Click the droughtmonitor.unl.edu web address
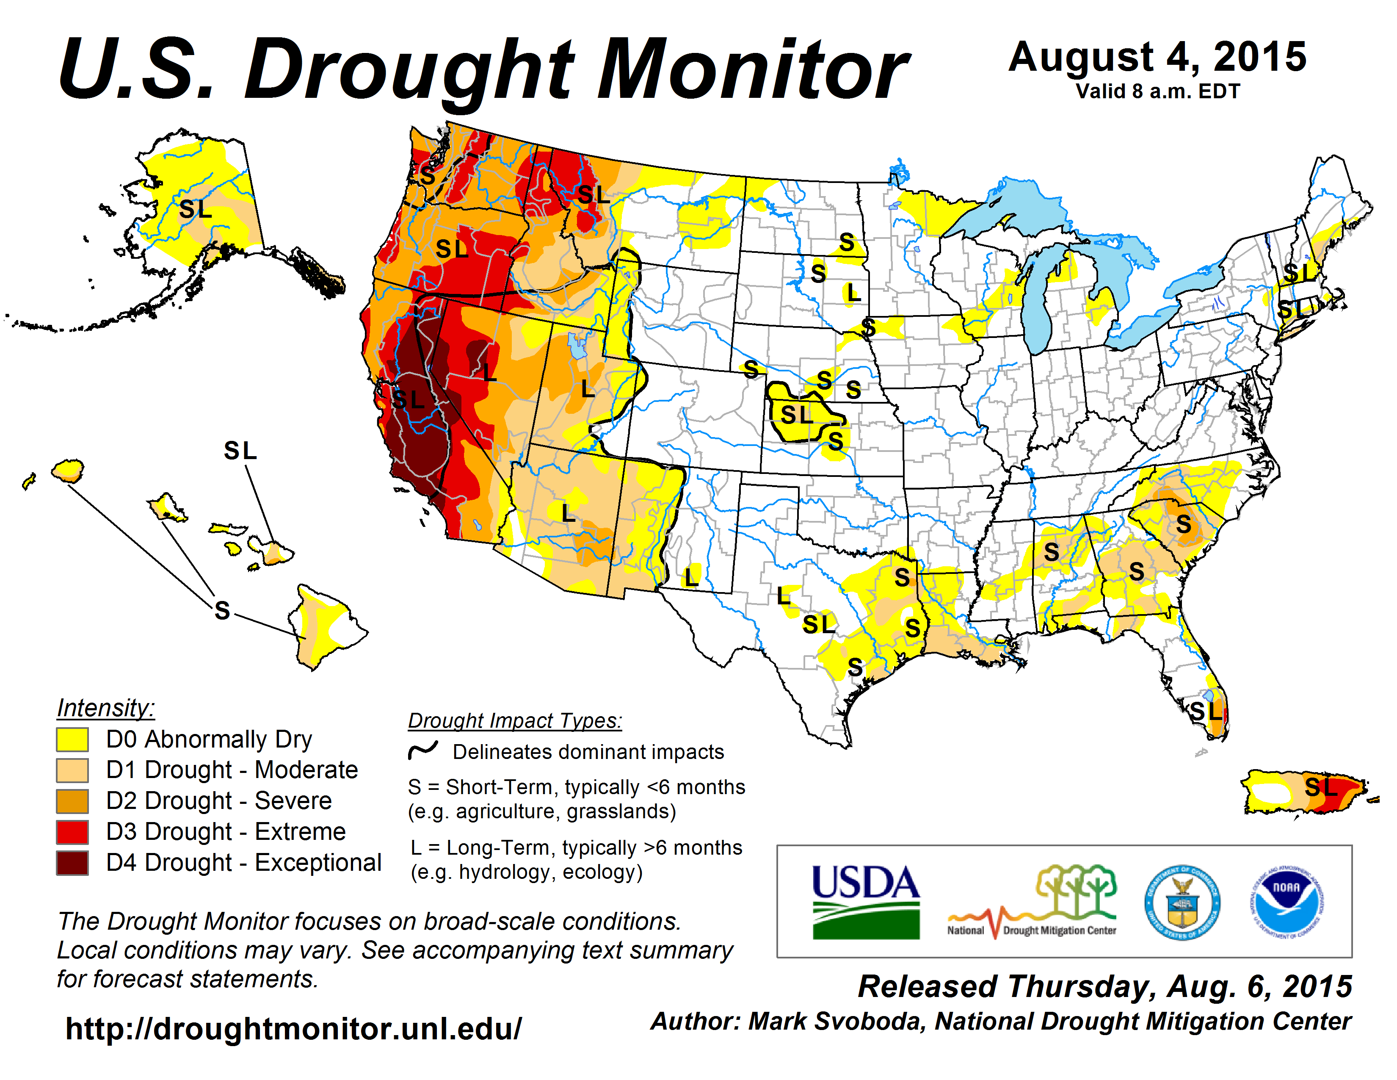pyautogui.click(x=293, y=1029)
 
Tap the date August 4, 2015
pyautogui.click(x=1157, y=58)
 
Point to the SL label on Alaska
pyautogui.click(x=195, y=209)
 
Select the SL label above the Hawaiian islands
pyautogui.click(x=240, y=451)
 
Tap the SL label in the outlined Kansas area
pyautogui.click(x=796, y=415)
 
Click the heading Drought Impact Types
pyautogui.click(x=515, y=721)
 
